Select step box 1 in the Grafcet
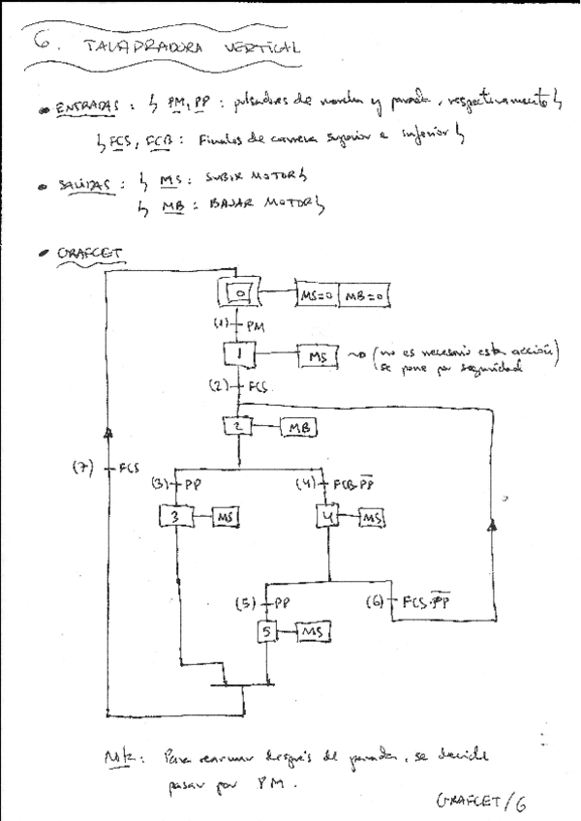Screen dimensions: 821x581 click(x=239, y=357)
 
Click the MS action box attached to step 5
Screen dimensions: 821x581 click(x=315, y=632)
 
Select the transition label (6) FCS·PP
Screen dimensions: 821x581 click(x=420, y=602)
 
